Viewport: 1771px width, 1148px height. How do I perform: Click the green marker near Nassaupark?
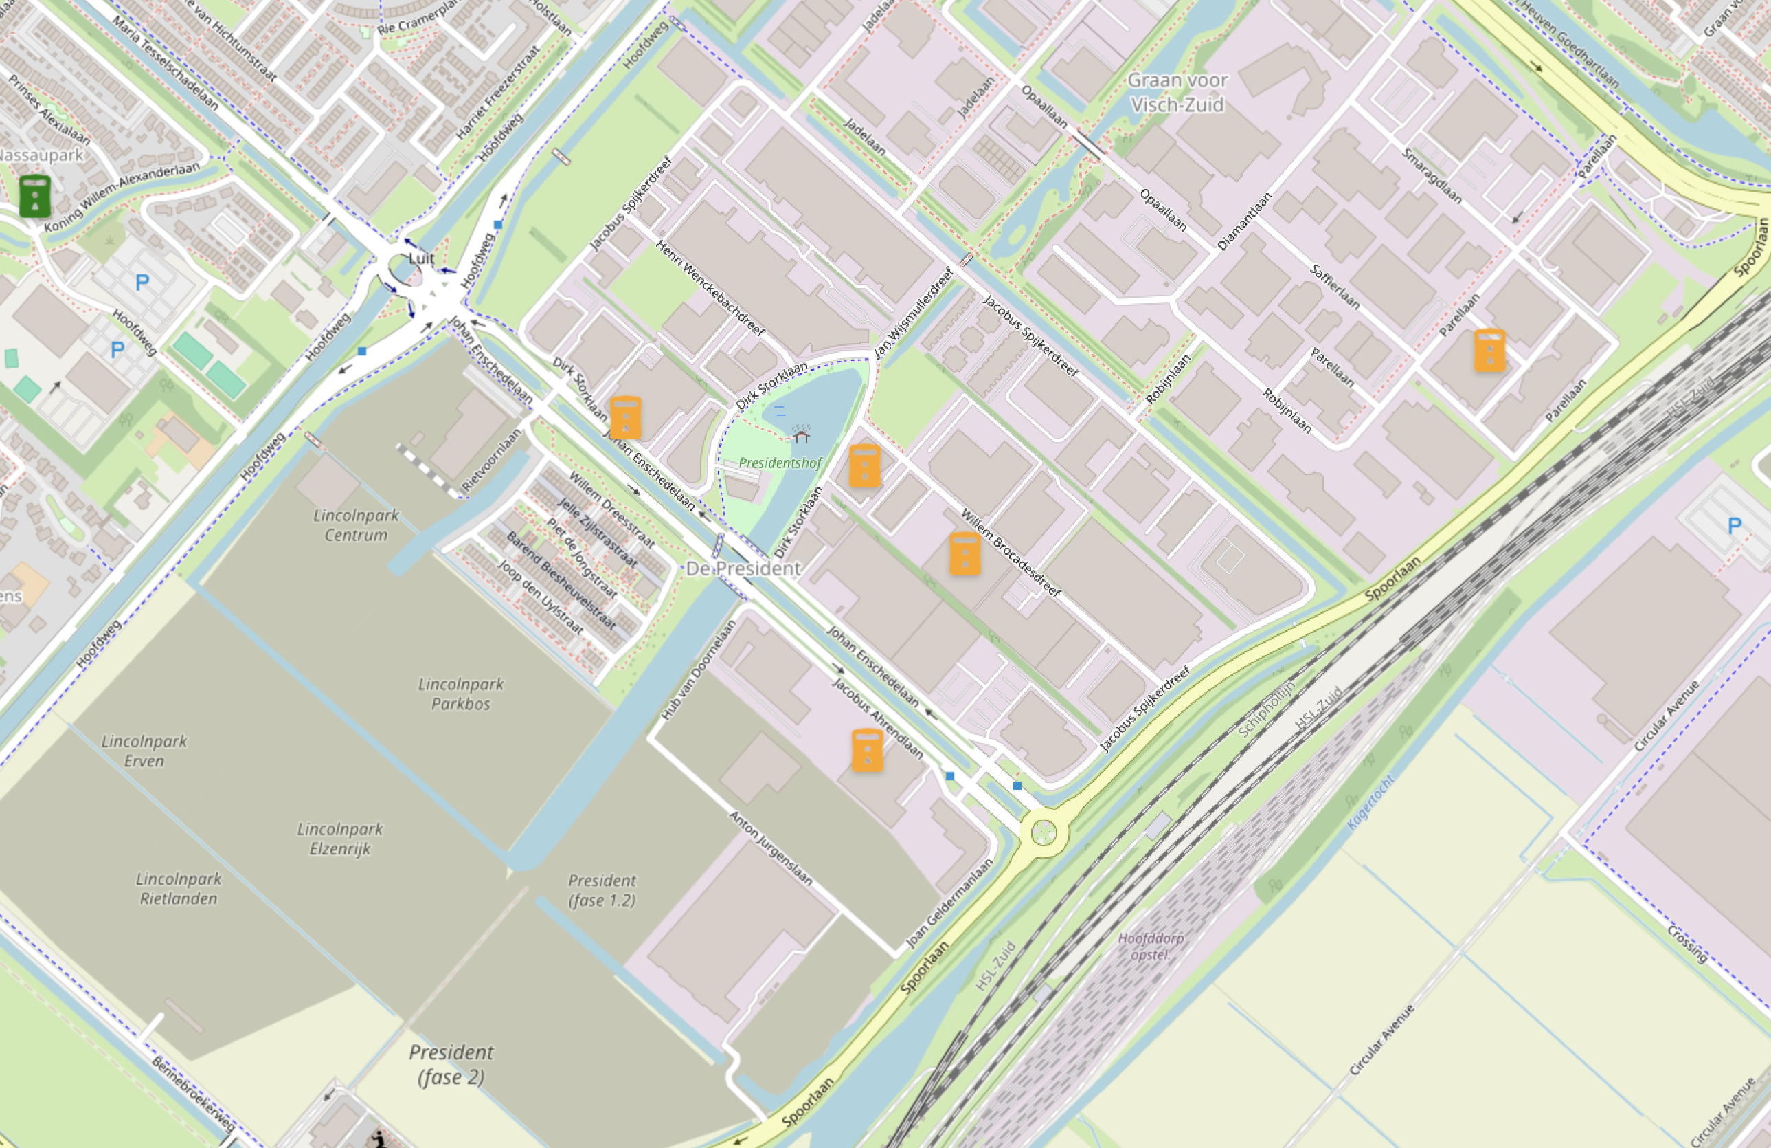pyautogui.click(x=34, y=196)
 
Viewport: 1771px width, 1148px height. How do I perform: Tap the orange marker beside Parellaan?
pyautogui.click(x=1490, y=350)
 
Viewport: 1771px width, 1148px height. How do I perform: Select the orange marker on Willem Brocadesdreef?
pyautogui.click(x=965, y=554)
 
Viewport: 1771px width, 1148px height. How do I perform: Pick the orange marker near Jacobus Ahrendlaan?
pyautogui.click(x=867, y=750)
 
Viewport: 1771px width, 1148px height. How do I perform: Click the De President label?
pyautogui.click(x=743, y=569)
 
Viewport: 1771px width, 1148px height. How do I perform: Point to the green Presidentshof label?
pyautogui.click(x=780, y=463)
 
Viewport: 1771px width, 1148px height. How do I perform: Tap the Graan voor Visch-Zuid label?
pyautogui.click(x=1177, y=92)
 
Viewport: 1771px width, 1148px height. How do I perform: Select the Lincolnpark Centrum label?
pyautogui.click(x=356, y=525)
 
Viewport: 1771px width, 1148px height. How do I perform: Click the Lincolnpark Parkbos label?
pyautogui.click(x=460, y=694)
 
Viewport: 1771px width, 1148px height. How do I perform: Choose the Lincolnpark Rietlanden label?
pyautogui.click(x=179, y=889)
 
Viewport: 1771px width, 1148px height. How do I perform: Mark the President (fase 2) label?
pyautogui.click(x=451, y=1064)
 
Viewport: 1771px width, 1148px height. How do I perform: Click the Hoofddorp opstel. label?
pyautogui.click(x=1151, y=945)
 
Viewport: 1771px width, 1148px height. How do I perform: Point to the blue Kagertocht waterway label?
pyautogui.click(x=1370, y=802)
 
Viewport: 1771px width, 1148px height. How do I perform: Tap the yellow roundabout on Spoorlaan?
pyautogui.click(x=1044, y=832)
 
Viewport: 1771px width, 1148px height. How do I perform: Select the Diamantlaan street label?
pyautogui.click(x=1244, y=221)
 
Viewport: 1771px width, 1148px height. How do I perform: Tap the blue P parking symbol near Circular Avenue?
pyautogui.click(x=1735, y=527)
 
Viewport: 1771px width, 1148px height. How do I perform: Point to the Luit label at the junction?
pyautogui.click(x=421, y=258)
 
